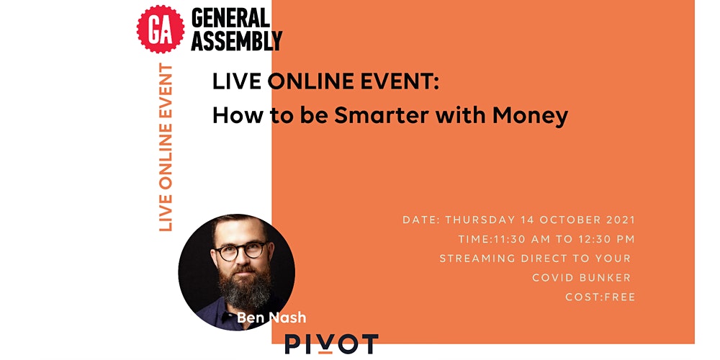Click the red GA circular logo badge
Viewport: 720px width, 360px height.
coord(161,30)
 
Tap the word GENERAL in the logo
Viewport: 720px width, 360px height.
coord(230,19)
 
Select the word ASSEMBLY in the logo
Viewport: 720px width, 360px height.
coord(236,40)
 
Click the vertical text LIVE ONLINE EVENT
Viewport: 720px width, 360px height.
coord(166,148)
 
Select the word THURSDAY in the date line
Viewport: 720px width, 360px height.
coord(480,220)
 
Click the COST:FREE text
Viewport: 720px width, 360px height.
coord(600,297)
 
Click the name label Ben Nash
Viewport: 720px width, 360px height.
coord(271,318)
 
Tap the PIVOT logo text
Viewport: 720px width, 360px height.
coord(331,344)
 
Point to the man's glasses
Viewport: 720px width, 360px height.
coord(241,251)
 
